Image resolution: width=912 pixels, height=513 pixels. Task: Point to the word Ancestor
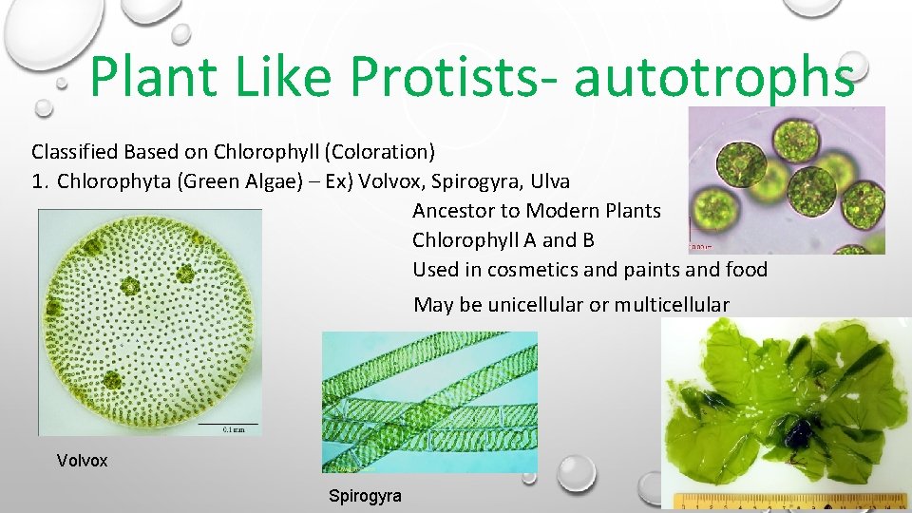(x=452, y=211)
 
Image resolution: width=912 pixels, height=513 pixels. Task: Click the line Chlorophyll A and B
(x=503, y=240)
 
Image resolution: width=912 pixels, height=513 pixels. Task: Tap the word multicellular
(x=672, y=305)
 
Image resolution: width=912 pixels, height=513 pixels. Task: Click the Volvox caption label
(x=83, y=461)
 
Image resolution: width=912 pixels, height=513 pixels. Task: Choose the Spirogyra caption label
(x=365, y=496)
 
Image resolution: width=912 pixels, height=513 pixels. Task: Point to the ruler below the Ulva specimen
(x=789, y=501)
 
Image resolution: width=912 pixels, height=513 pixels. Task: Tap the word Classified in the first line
(x=72, y=151)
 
